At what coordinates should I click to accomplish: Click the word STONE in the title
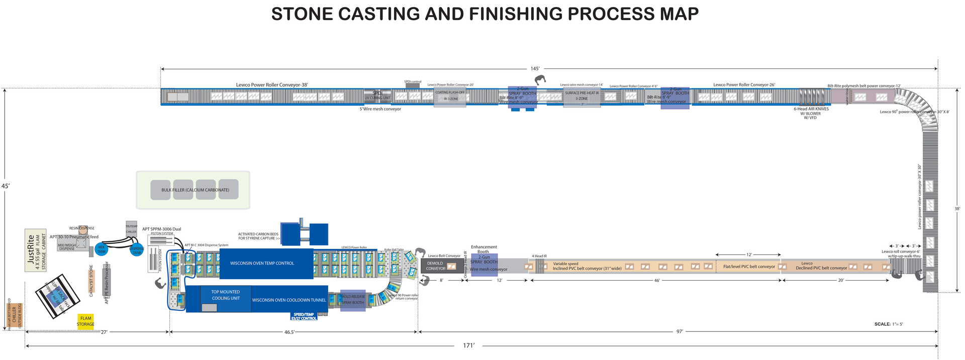(x=302, y=14)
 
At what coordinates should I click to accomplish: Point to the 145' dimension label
(x=535, y=69)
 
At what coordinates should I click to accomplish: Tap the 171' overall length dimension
(x=468, y=346)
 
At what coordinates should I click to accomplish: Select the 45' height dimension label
(x=6, y=186)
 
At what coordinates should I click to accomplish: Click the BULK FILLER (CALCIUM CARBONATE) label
(x=195, y=190)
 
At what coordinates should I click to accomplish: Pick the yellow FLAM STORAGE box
(x=85, y=321)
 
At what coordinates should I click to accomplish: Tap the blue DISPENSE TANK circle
(x=137, y=250)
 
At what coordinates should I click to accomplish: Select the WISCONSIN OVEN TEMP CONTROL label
(x=262, y=263)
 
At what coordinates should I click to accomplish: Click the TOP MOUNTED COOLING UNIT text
(x=226, y=295)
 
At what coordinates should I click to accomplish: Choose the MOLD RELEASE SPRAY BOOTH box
(x=353, y=300)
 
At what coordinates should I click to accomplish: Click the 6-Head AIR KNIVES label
(x=811, y=109)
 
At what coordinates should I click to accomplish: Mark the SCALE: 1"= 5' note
(x=889, y=324)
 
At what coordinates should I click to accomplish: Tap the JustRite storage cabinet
(x=36, y=250)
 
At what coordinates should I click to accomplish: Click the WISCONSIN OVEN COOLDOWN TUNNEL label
(x=289, y=300)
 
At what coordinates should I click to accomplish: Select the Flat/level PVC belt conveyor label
(x=749, y=267)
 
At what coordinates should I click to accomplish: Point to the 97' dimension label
(x=680, y=332)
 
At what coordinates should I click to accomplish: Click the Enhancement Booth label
(x=484, y=249)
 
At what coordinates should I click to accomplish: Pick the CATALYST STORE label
(x=91, y=281)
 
